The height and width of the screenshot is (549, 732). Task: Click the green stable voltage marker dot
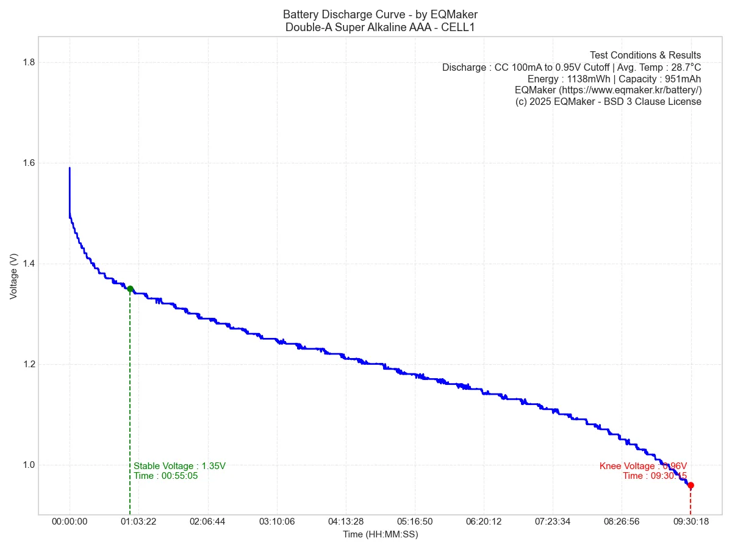(x=130, y=289)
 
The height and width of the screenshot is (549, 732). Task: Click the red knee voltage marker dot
(x=691, y=486)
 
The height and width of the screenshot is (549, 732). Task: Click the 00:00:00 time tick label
(x=70, y=522)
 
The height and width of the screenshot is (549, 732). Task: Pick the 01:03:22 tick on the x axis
(x=138, y=522)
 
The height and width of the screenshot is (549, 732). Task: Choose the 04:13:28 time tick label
(x=345, y=522)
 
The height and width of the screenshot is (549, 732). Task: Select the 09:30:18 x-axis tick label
(x=691, y=522)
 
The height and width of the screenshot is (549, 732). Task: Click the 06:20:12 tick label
(x=483, y=522)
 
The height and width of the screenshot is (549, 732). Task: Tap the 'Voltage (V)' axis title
(x=13, y=276)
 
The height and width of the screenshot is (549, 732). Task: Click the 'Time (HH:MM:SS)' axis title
(x=380, y=534)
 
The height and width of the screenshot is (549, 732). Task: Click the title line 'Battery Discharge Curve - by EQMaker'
(x=380, y=14)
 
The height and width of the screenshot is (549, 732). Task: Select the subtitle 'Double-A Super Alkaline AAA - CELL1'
(x=380, y=27)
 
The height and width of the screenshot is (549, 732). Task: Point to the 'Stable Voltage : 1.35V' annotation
(x=179, y=466)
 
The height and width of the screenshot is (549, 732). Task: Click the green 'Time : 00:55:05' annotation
(x=166, y=476)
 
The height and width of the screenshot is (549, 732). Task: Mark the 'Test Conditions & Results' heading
(x=645, y=56)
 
